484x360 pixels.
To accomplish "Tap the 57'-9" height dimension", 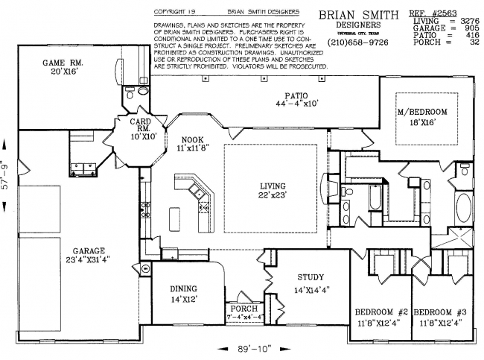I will click(x=7, y=174).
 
